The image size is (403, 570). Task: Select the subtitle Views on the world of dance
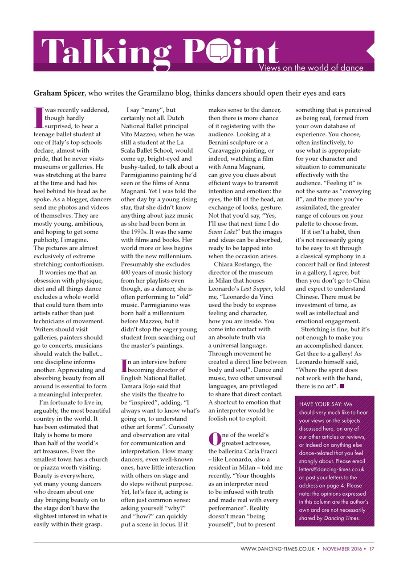click(311, 68)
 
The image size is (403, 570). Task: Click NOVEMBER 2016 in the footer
click(342, 550)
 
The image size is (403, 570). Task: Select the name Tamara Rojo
click(141, 387)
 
